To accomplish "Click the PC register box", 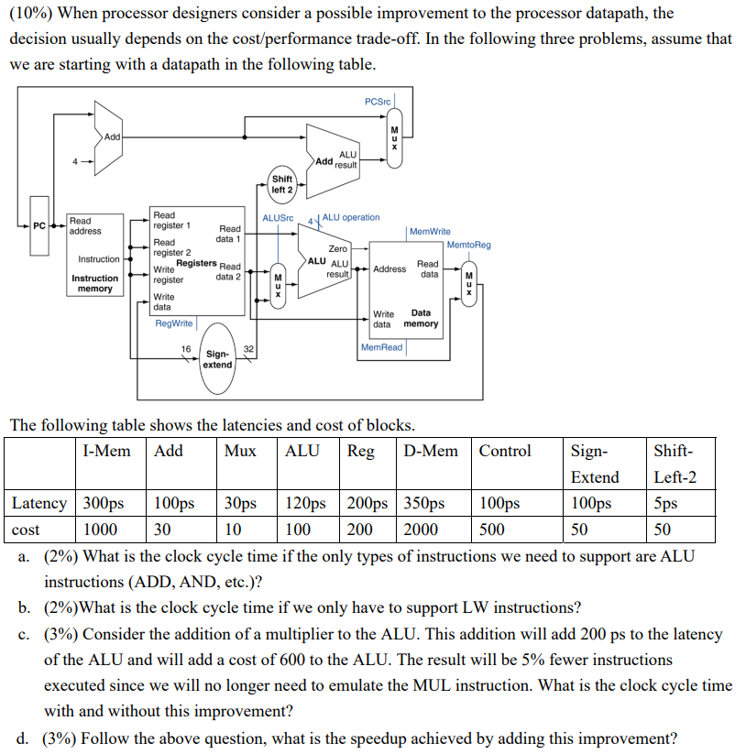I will click(39, 225).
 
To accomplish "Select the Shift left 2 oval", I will click(282, 184).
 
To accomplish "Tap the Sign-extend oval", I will click(217, 359).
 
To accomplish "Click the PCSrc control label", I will click(377, 101).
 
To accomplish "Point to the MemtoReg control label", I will click(469, 245).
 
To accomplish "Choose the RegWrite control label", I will click(174, 323).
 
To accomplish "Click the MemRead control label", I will click(382, 347).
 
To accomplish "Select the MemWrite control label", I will click(430, 232).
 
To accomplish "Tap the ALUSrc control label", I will click(278, 218).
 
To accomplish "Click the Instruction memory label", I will click(95, 283).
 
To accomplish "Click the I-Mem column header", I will click(106, 451).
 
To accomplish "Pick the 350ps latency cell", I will click(423, 504).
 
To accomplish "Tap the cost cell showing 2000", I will click(421, 530).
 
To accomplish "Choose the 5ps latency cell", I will click(666, 504).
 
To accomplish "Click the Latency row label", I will click(39, 504).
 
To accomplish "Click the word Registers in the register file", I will click(196, 263).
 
